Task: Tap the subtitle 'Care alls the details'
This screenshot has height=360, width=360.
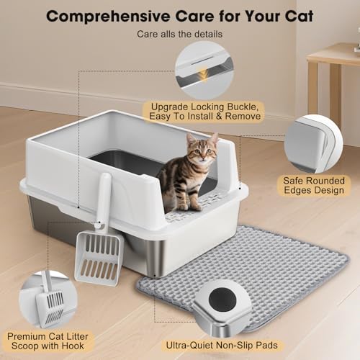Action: (x=179, y=34)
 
